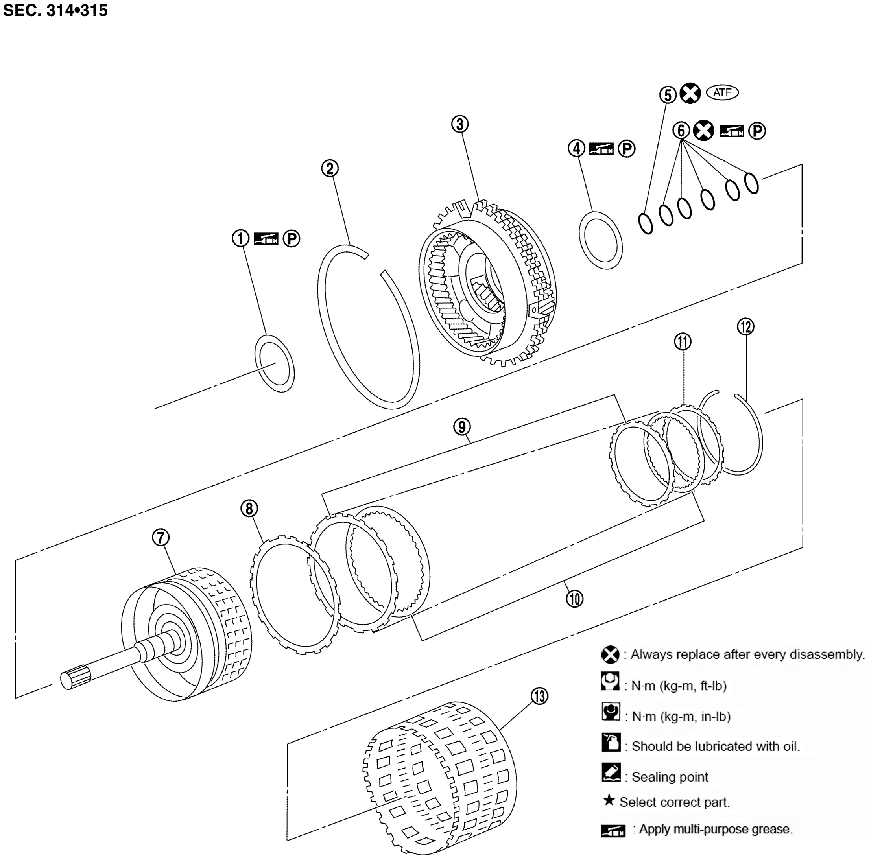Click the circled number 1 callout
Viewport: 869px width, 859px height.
point(240,238)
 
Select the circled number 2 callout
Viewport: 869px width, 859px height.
point(330,169)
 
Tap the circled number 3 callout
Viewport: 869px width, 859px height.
point(460,124)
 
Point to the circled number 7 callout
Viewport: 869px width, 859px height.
point(161,537)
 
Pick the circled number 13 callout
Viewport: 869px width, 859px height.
point(539,696)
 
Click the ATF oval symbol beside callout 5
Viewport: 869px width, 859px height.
point(722,93)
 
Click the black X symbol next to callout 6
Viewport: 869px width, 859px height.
point(703,131)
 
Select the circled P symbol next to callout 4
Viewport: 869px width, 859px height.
point(627,149)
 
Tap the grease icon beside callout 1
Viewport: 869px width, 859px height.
point(266,238)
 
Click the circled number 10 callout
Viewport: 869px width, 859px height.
point(574,599)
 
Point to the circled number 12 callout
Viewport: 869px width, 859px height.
point(745,326)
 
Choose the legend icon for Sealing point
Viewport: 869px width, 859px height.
point(611,772)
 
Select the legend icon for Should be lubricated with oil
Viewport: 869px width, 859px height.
point(611,743)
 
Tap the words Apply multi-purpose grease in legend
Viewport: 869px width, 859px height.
point(715,829)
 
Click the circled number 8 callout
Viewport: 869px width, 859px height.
point(249,509)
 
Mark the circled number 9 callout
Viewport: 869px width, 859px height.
point(462,426)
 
